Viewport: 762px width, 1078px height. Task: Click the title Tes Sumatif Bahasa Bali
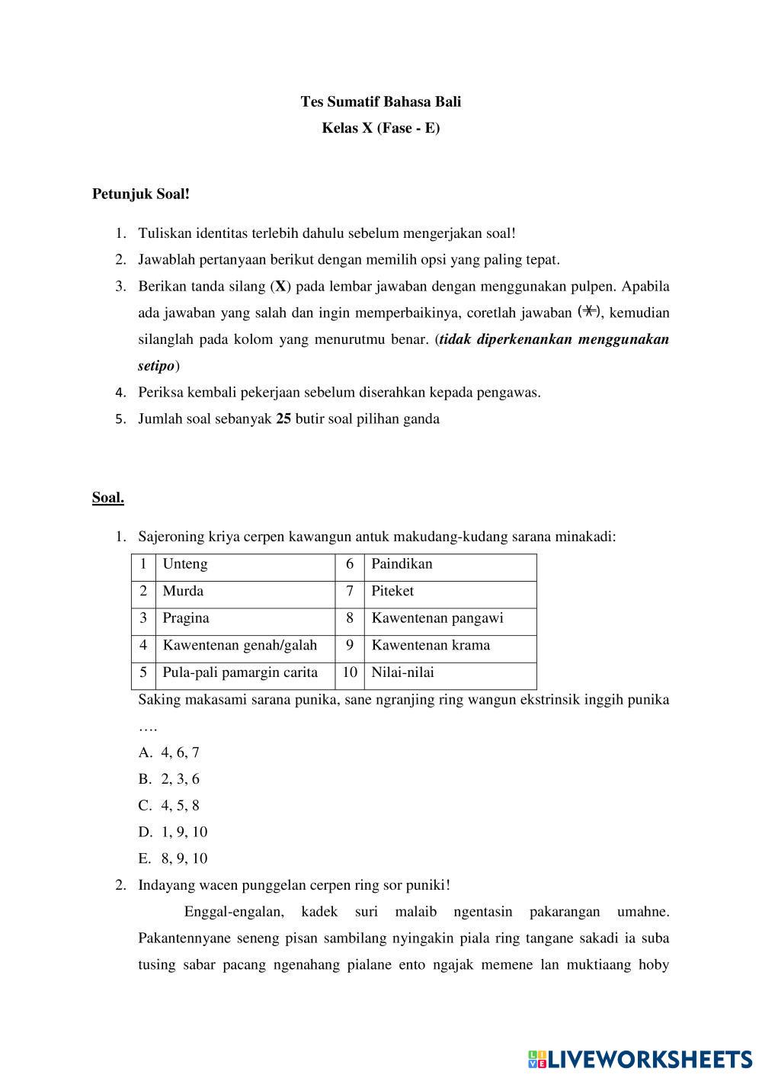pyautogui.click(x=380, y=101)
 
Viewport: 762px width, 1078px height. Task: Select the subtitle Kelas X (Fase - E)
pyautogui.click(x=380, y=128)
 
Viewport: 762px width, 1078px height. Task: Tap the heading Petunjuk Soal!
pyautogui.click(x=141, y=194)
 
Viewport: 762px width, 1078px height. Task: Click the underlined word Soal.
pyautogui.click(x=107, y=498)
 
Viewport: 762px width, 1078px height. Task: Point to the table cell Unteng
pyautogui.click(x=185, y=564)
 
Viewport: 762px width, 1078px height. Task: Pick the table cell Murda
pyautogui.click(x=183, y=591)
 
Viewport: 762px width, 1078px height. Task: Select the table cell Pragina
pyautogui.click(x=186, y=618)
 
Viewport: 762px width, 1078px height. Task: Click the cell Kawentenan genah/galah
pyautogui.click(x=239, y=645)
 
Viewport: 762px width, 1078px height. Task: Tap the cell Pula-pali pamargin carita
pyautogui.click(x=240, y=672)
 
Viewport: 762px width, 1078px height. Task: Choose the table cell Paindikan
pyautogui.click(x=402, y=564)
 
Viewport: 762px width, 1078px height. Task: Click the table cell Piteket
pyautogui.click(x=392, y=591)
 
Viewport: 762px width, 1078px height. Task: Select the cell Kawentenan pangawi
pyautogui.click(x=437, y=618)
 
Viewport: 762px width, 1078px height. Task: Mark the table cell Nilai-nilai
pyautogui.click(x=402, y=672)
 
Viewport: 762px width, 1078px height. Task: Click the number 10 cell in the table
pyautogui.click(x=350, y=672)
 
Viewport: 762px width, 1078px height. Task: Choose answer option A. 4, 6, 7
pyautogui.click(x=169, y=752)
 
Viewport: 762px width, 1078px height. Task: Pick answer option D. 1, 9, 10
pyautogui.click(x=173, y=832)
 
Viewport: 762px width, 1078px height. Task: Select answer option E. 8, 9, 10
pyautogui.click(x=173, y=858)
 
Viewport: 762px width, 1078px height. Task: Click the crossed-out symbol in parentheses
pyautogui.click(x=589, y=311)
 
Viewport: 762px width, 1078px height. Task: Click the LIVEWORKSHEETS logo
pyautogui.click(x=640, y=1058)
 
